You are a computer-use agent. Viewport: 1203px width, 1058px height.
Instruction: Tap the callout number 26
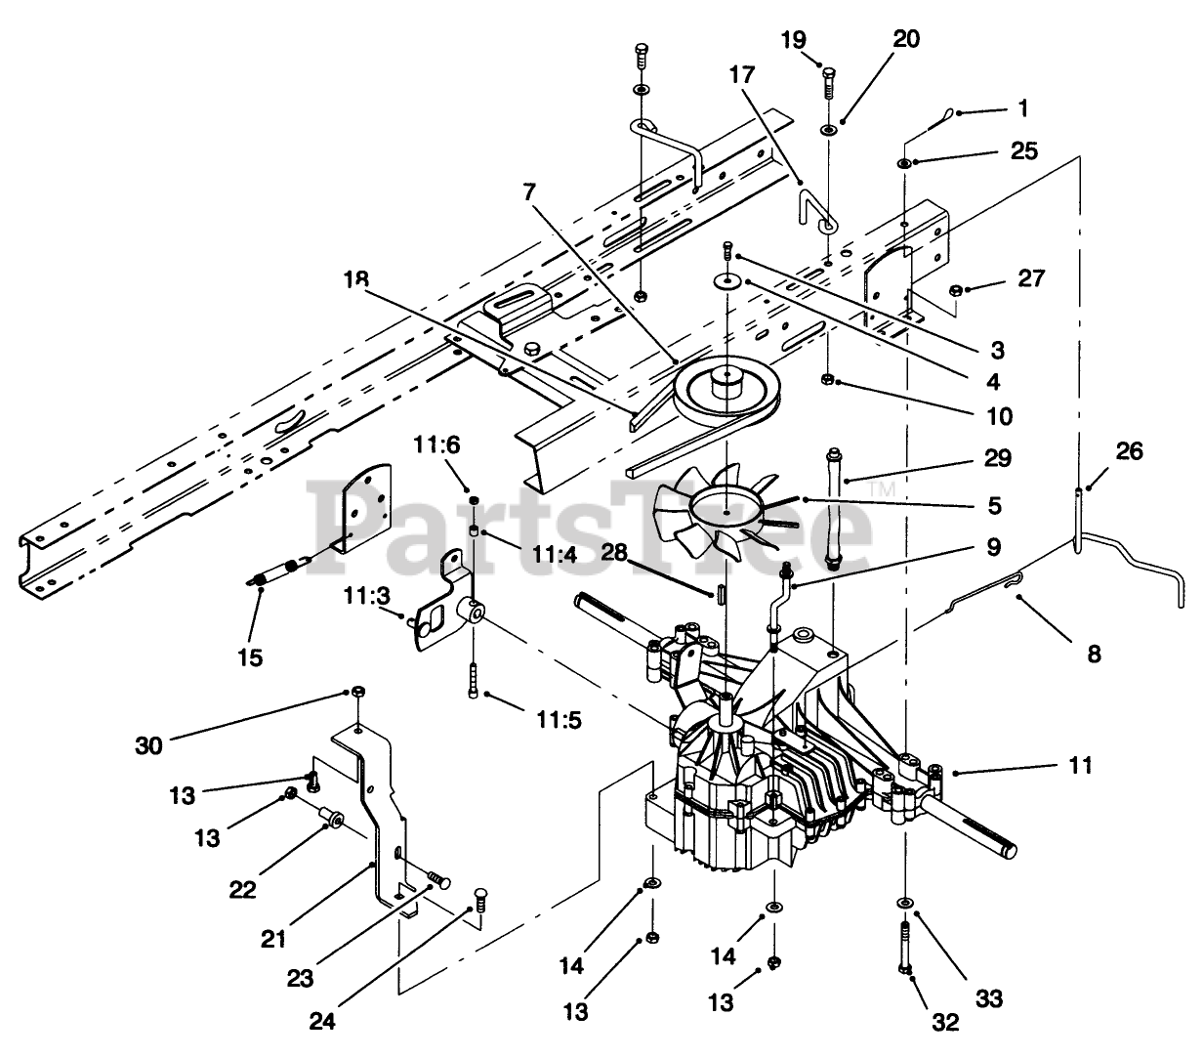[x=1128, y=451]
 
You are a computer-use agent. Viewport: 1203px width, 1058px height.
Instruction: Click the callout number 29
[x=998, y=458]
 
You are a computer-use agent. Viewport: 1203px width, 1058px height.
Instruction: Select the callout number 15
[x=250, y=657]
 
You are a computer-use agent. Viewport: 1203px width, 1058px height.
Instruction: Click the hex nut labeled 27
[x=955, y=290]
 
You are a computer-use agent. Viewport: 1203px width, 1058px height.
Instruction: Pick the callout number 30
[x=148, y=745]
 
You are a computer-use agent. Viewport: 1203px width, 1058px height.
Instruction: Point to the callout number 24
[x=322, y=1021]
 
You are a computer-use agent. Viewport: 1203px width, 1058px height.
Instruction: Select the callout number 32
[x=945, y=1022]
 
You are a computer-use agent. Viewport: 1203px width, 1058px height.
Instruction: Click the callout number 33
[x=988, y=998]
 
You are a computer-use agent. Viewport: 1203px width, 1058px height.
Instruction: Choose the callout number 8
[x=1094, y=655]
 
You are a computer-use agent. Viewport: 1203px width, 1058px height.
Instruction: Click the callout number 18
[x=355, y=278]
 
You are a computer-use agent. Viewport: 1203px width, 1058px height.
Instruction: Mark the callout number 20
[x=906, y=39]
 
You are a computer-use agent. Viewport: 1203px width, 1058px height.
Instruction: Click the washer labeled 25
[x=904, y=163]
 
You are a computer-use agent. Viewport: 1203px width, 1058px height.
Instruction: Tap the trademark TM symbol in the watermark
[x=881, y=489]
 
